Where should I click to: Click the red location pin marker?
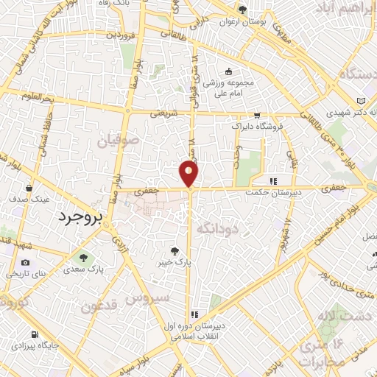(x=189, y=173)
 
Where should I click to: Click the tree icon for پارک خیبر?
(x=175, y=250)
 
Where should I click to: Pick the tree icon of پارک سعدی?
(x=82, y=257)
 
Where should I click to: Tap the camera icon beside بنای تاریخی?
(x=26, y=263)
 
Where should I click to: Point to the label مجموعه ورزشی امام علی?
(x=228, y=88)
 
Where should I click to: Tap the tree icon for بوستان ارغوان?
(x=242, y=10)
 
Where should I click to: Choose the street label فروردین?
(x=119, y=35)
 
